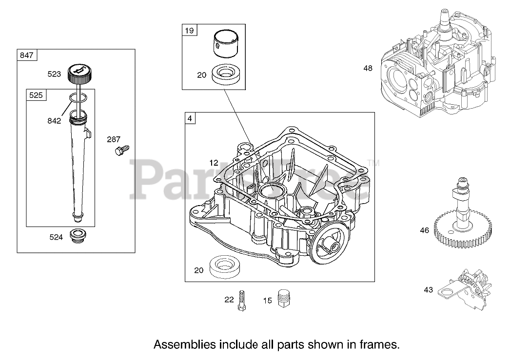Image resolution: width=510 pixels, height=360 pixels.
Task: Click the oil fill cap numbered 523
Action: tap(79, 74)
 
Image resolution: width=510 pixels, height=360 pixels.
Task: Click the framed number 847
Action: tap(26, 55)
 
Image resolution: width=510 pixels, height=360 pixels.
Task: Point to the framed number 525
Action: tap(36, 95)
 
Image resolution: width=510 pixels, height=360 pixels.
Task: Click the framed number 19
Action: tap(189, 31)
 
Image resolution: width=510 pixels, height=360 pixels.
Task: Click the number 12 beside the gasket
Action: tap(214, 162)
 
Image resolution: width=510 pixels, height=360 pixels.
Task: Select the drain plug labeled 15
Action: tap(283, 298)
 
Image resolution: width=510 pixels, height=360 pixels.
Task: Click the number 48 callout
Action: tap(368, 68)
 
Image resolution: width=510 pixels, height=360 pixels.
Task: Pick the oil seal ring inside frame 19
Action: tap(227, 75)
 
